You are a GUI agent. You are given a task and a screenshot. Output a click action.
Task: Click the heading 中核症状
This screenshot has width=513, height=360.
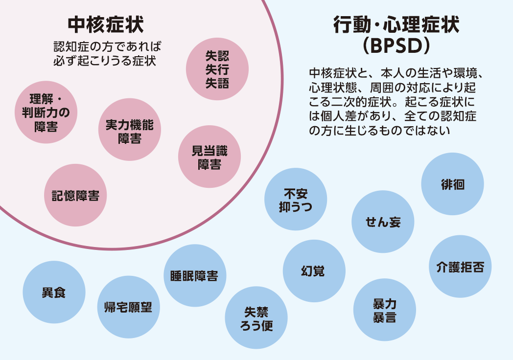[x=105, y=23]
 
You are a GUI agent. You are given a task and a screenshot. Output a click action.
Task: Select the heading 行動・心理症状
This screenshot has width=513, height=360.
[x=396, y=23]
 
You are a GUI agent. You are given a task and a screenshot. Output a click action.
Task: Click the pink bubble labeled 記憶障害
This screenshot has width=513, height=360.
[x=75, y=196]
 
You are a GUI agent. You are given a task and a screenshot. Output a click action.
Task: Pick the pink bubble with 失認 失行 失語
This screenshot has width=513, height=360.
[x=217, y=69]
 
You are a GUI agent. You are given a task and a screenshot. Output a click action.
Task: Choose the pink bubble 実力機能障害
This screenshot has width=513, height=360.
[x=130, y=130]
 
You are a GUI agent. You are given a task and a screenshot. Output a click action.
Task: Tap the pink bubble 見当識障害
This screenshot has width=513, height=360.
[x=210, y=157]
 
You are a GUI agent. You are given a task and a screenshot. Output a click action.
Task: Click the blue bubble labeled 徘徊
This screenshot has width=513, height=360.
[x=452, y=184]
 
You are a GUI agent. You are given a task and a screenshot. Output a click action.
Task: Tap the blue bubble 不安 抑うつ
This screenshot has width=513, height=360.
[x=295, y=200]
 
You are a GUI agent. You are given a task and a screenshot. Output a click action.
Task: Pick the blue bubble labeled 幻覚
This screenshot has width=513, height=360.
[x=314, y=270]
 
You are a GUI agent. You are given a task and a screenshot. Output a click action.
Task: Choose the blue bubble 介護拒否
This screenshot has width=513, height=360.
[x=460, y=267]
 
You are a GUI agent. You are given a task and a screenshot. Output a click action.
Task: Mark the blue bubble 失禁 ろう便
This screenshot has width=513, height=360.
[x=256, y=318]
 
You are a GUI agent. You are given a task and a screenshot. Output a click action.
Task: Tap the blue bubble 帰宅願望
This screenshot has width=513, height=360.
[x=128, y=307]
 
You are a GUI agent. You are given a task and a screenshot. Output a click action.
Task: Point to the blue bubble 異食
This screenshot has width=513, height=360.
[x=54, y=293]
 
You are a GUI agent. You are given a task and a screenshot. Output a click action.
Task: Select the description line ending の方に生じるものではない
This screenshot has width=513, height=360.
[x=379, y=131]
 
